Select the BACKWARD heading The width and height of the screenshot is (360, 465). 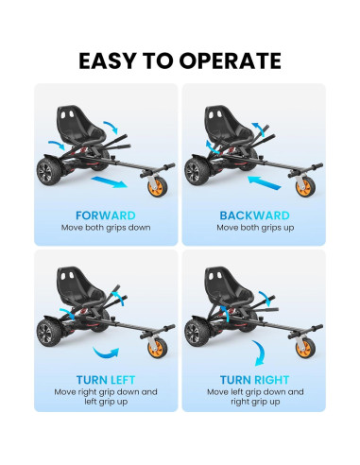pyautogui.click(x=252, y=215)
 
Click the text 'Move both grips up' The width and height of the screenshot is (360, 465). pyautogui.click(x=252, y=228)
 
